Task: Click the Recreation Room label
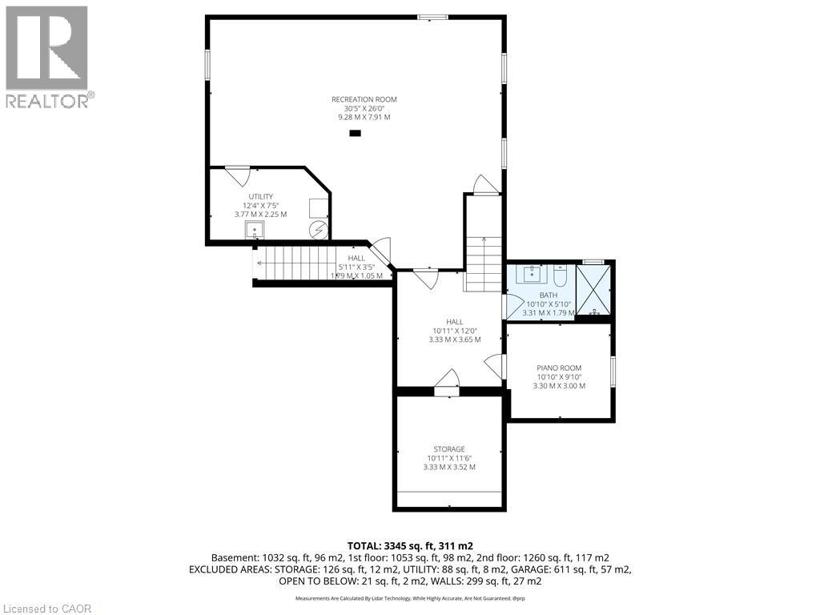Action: coord(364,99)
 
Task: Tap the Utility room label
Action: coord(260,196)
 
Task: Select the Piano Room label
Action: coord(559,368)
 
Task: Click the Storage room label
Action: coord(449,449)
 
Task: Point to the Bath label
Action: coord(548,295)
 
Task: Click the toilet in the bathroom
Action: coord(560,276)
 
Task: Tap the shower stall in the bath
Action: coord(594,289)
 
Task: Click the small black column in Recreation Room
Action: coord(356,134)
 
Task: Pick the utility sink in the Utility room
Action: coord(255,231)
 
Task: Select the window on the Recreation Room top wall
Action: coord(433,17)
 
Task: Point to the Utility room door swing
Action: coord(237,175)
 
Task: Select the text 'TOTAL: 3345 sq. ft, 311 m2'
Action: coord(409,545)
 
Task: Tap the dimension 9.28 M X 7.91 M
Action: coord(364,117)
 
